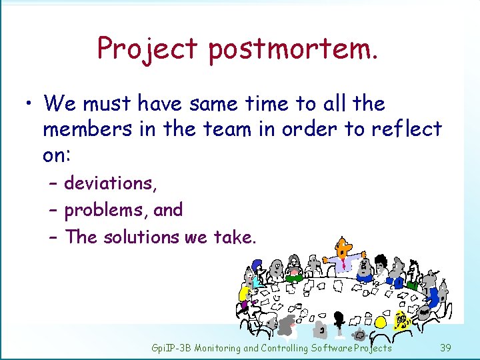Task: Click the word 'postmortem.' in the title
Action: pyautogui.click(x=293, y=49)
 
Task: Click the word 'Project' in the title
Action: pyautogui.click(x=147, y=49)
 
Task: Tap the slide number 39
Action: pyautogui.click(x=446, y=348)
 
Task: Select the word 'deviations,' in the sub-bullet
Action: pyautogui.click(x=111, y=183)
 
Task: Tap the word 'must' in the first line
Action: pyautogui.click(x=109, y=103)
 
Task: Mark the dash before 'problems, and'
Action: pyautogui.click(x=53, y=210)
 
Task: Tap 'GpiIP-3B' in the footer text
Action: pyautogui.click(x=171, y=348)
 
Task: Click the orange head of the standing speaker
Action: pyautogui.click(x=344, y=247)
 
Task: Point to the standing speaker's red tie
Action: pyautogui.click(x=344, y=264)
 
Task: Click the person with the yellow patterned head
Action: pyautogui.click(x=401, y=321)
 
